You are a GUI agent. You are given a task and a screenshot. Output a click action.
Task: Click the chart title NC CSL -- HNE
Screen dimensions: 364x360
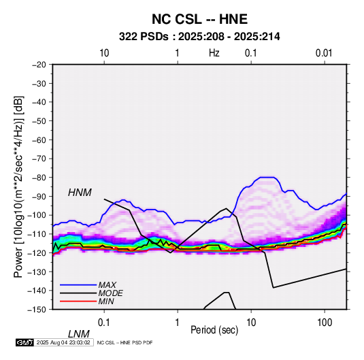click(199, 19)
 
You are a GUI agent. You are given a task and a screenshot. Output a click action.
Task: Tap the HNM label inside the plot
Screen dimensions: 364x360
click(80, 193)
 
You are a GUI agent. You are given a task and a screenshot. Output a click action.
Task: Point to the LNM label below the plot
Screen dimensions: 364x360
click(79, 334)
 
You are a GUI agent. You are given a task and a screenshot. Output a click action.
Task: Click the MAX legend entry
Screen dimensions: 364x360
click(107, 284)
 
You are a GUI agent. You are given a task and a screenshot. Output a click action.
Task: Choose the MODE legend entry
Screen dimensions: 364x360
click(110, 293)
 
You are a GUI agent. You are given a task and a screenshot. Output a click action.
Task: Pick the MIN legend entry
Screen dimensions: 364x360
click(106, 301)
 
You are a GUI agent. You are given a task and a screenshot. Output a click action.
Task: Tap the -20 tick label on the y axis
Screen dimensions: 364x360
click(39, 65)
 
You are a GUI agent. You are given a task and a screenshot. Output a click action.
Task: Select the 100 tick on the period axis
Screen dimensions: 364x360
click(325, 323)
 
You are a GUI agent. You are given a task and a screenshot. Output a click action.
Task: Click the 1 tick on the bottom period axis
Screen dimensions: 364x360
click(178, 323)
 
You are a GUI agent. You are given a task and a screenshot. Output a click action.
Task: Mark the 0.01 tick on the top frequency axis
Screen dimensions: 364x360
click(324, 53)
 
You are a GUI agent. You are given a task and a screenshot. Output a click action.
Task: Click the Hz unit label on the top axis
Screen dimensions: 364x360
click(214, 53)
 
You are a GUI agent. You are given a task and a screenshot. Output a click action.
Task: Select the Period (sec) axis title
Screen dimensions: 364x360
click(214, 330)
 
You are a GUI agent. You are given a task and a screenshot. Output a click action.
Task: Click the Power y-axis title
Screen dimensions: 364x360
click(19, 187)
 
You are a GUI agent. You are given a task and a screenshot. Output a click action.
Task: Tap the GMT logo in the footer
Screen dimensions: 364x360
click(25, 342)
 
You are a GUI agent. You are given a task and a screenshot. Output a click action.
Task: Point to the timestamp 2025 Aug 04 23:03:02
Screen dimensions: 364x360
click(63, 342)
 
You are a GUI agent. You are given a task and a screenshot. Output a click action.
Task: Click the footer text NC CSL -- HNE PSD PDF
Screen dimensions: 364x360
click(125, 342)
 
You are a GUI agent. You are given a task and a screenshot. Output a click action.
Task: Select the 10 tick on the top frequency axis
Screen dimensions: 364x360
click(104, 53)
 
